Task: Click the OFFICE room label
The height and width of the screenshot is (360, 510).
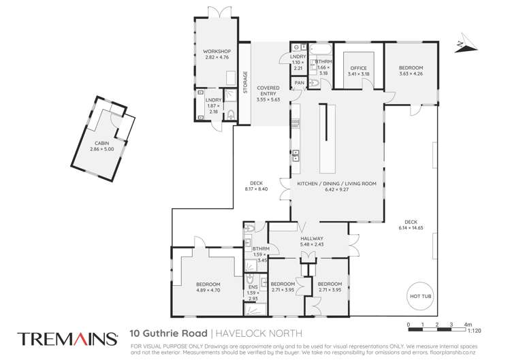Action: click(x=358, y=68)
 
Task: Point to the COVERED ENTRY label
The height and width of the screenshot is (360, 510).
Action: click(x=268, y=92)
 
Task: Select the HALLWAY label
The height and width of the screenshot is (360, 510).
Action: click(x=310, y=239)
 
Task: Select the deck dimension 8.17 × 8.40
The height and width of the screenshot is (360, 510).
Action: click(x=256, y=189)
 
